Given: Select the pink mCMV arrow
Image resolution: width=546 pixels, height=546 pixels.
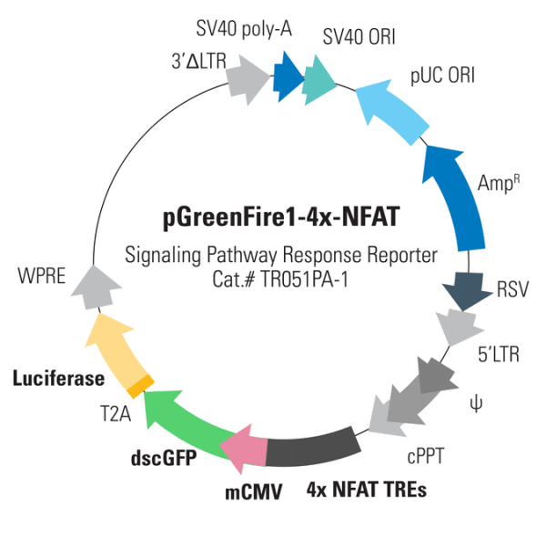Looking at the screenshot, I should (243, 448).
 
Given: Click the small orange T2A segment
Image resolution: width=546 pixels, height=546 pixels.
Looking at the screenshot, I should (139, 386).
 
